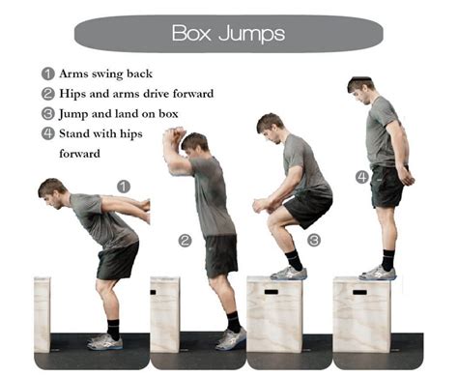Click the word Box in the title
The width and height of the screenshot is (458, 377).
pyautogui.click(x=192, y=33)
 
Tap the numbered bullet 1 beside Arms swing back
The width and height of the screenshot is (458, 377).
pyautogui.click(x=47, y=73)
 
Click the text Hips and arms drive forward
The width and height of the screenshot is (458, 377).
pyautogui.click(x=136, y=94)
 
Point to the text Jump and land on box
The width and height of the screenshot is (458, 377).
pyautogui.click(x=117, y=114)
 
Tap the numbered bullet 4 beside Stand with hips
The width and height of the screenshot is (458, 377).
pyautogui.click(x=47, y=133)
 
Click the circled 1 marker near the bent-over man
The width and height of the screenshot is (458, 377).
pyautogui.click(x=123, y=186)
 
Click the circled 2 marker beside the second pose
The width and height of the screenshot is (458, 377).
pyautogui.click(x=185, y=240)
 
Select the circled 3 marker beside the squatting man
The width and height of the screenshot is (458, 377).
pyautogui.click(x=313, y=240)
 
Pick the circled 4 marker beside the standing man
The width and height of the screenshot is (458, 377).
pyautogui.click(x=361, y=176)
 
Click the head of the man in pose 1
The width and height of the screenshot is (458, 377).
pyautogui.click(x=52, y=189)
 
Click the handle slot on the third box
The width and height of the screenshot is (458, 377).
pyautogui.click(x=270, y=290)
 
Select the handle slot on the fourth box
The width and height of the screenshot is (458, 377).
pyautogui.click(x=358, y=290)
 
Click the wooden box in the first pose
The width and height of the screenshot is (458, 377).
pyautogui.click(x=42, y=314)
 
